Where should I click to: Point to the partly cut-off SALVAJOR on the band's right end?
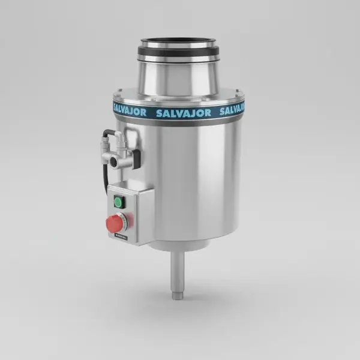(233, 110)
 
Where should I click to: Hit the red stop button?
(115, 224)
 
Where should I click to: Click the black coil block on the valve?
(136, 157)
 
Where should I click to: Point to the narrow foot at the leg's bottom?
(178, 295)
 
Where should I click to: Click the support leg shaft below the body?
(178, 270)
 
